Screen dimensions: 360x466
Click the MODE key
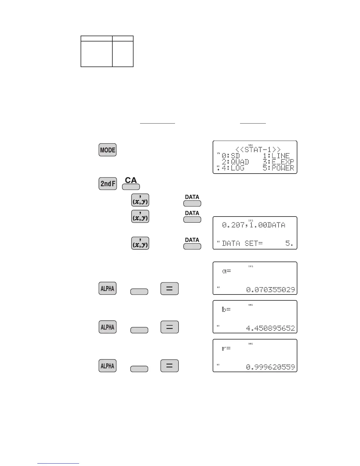pos(107,150)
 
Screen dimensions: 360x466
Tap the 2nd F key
pos(108,184)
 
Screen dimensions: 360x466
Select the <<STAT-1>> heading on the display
pos(258,149)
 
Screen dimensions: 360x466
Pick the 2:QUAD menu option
pos(235,162)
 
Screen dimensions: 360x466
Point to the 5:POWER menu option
pos(278,168)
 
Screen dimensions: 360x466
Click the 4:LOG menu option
pos(233,168)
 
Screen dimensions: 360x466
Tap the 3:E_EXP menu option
pos(278,162)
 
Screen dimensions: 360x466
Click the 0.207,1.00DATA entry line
pos(254,225)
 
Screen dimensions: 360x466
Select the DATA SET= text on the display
pos(242,244)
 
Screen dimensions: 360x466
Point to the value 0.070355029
pos(270,290)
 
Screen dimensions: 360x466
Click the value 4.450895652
pos(270,328)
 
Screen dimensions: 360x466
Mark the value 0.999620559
pos(270,367)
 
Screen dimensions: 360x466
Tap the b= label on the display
pos(226,309)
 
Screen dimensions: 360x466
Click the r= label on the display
pos(226,348)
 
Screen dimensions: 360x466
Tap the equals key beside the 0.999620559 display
pos(169,366)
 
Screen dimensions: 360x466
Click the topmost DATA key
pos(192,203)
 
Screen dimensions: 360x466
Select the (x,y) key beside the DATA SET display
pos(140,243)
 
